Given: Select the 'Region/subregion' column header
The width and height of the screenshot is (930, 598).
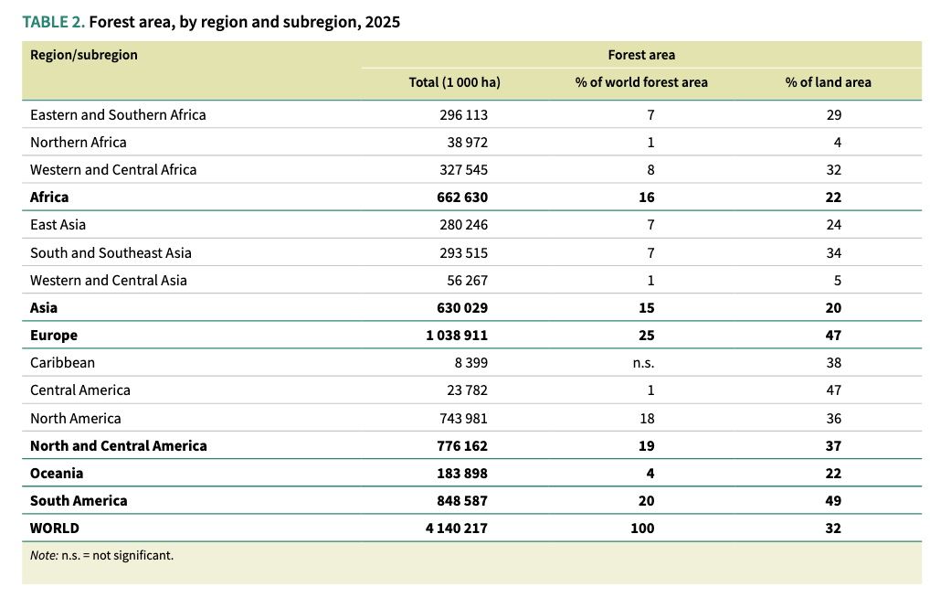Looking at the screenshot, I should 84,55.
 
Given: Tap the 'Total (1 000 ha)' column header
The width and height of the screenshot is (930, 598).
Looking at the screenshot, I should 454,82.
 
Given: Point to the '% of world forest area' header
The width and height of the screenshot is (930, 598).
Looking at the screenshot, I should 641,82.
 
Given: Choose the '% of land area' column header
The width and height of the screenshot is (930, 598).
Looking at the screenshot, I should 828,82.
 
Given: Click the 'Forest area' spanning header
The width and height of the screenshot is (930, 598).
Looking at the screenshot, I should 641,55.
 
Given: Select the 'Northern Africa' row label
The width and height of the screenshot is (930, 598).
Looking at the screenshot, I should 79,143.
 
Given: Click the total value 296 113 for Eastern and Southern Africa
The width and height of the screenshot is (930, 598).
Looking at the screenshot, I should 461,115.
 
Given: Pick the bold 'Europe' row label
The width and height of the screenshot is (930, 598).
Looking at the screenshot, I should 54,336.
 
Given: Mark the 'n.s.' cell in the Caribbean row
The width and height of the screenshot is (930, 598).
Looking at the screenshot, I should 642,363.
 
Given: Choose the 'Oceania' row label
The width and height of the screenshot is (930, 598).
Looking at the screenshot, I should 57,474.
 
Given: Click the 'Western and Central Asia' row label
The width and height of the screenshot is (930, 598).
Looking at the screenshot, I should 109,281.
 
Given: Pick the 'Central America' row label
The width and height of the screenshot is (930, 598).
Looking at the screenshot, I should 80,390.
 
